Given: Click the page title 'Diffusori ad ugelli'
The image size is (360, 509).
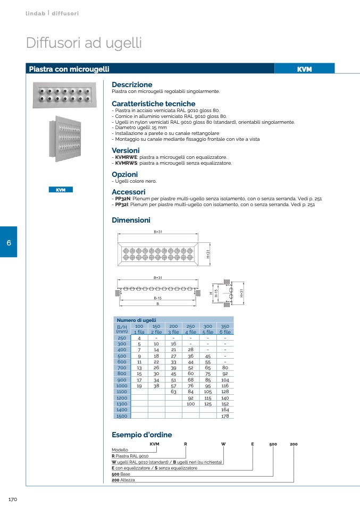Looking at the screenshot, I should [83, 43].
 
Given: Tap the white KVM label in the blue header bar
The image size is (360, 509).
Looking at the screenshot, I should [304, 69].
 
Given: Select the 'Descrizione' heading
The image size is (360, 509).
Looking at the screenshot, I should [132, 84].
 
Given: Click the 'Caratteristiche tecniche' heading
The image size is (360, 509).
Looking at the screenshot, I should [153, 104].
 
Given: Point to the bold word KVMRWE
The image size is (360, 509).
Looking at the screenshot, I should [126, 157].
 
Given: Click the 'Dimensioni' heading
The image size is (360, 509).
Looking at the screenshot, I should [131, 220].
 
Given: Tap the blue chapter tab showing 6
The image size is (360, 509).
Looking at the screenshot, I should [9, 242].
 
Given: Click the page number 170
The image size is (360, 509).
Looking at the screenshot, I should [14, 500].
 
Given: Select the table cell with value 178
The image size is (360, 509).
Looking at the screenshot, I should [225, 416].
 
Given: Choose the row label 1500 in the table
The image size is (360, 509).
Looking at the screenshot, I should [122, 416].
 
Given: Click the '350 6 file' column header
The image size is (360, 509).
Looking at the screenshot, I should [225, 329].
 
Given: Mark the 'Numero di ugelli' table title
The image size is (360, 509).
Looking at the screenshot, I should [137, 320].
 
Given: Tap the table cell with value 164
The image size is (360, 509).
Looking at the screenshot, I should [225, 410].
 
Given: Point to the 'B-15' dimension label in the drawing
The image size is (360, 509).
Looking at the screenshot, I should [157, 299].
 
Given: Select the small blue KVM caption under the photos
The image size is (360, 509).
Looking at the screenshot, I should [61, 190].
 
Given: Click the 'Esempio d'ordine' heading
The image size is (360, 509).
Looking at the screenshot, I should [141, 435].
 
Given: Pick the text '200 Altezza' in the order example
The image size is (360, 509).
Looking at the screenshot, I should [123, 480].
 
